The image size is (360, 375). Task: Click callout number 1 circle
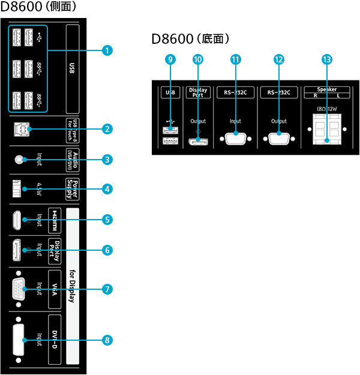tap(107, 51)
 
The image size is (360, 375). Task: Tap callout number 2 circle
tap(107, 128)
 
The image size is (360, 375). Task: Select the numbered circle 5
tap(107, 220)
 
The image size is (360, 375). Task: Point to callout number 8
tap(107, 340)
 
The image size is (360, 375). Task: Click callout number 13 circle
tap(326, 60)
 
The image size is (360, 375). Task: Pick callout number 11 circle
tap(235, 60)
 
